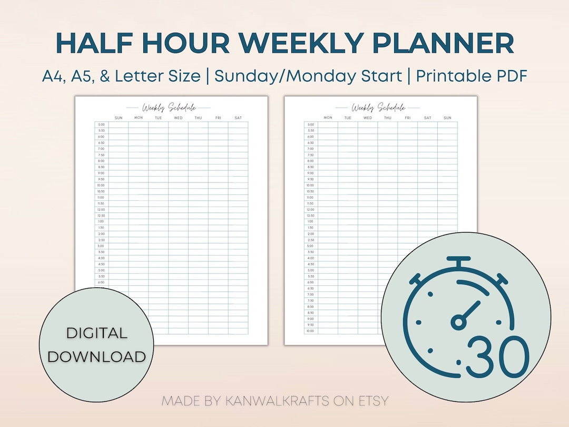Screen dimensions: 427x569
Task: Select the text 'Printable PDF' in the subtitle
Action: click(472, 76)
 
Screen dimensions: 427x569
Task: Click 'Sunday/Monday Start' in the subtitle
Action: click(308, 76)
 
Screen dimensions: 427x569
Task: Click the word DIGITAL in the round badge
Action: click(96, 333)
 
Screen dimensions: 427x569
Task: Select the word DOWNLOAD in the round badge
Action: click(96, 356)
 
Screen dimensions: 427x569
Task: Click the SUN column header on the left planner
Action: click(119, 118)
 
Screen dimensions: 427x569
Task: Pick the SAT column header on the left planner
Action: click(238, 118)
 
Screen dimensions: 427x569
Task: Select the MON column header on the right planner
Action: click(328, 118)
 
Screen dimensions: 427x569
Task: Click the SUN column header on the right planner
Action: click(447, 118)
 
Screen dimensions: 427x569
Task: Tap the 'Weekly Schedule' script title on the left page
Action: click(169, 108)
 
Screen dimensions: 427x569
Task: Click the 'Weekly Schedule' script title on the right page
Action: click(378, 108)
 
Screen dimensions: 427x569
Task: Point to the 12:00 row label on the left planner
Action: click(101, 209)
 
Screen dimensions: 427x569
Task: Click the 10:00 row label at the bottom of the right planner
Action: click(310, 331)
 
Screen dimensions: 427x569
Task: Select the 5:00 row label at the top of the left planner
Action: click(101, 124)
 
